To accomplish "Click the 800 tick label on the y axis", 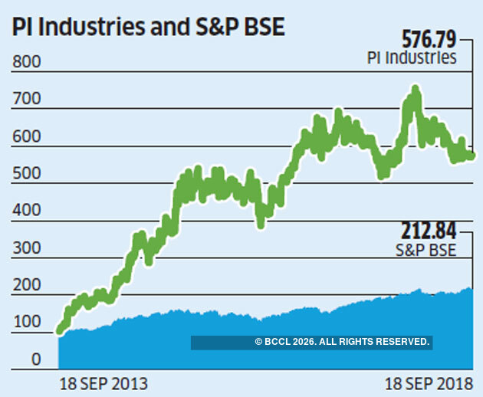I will pyautogui.click(x=25, y=64).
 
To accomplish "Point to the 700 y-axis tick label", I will pyautogui.click(x=25, y=101).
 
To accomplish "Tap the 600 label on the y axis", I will pyautogui.click(x=25, y=138).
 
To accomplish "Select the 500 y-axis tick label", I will pyautogui.click(x=25, y=175).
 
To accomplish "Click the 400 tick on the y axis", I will pyautogui.click(x=25, y=212).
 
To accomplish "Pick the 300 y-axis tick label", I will pyautogui.click(x=25, y=248).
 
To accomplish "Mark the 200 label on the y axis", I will pyautogui.click(x=25, y=285).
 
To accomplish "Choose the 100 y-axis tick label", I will pyautogui.click(x=25, y=322).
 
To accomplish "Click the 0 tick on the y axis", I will pyautogui.click(x=35, y=359).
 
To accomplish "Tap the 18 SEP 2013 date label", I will pyautogui.click(x=103, y=382).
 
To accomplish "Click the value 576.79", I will pyautogui.click(x=429, y=38).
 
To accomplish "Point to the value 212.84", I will pyautogui.click(x=429, y=230).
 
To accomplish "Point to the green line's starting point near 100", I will pyautogui.click(x=61, y=330).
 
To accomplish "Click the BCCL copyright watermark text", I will pyautogui.click(x=342, y=342).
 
